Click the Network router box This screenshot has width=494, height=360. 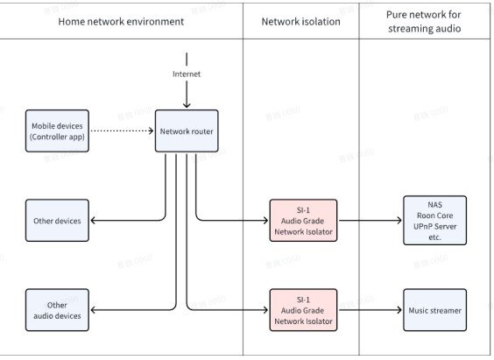187,131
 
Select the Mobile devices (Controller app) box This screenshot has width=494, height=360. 57,131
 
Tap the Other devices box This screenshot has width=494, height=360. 57,221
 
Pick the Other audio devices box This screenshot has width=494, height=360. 57,310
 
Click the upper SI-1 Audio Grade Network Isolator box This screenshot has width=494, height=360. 303,221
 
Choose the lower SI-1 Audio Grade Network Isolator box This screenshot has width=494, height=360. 303,310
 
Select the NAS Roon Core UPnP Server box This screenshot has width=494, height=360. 435,221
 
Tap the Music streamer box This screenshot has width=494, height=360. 435,310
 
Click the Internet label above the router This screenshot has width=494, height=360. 187,74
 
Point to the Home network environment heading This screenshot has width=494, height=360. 121,21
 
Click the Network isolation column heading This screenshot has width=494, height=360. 301,21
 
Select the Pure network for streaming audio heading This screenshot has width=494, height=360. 427,21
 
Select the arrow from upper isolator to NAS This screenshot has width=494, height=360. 370,221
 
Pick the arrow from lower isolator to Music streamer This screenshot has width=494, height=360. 370,310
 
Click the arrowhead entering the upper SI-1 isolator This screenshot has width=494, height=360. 265,221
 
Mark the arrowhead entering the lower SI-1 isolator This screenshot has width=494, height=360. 265,310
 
